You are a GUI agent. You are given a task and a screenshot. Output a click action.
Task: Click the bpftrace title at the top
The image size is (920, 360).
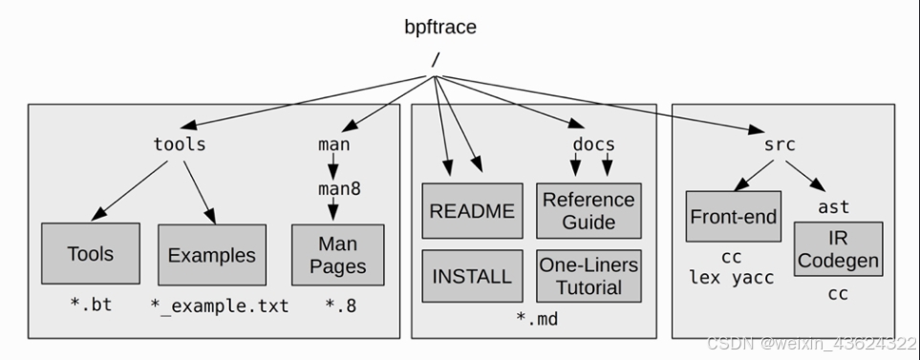pos(439,27)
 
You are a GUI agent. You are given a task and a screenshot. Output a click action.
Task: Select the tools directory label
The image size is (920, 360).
pos(180,145)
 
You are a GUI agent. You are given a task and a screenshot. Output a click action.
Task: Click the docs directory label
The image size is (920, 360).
pos(593,145)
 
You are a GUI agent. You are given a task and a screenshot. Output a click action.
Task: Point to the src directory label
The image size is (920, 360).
pos(780,145)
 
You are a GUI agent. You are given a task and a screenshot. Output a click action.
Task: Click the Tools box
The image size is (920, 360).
pos(91,254)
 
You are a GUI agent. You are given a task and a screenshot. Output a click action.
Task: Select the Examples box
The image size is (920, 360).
pos(211,255)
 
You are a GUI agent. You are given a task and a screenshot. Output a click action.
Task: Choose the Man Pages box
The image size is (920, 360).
pos(337,255)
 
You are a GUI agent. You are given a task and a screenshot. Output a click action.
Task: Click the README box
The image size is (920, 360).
pos(473,211)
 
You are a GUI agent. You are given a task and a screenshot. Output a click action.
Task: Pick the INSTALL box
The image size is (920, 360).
pos(473,276)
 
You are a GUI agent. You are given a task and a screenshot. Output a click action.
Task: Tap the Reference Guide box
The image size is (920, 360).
pos(588,211)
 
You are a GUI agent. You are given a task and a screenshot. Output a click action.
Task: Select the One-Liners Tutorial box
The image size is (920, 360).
pos(588,276)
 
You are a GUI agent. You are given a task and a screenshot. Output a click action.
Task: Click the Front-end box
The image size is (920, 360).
pos(733,216)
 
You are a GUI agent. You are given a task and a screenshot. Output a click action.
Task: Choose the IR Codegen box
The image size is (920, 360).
pos(837,249)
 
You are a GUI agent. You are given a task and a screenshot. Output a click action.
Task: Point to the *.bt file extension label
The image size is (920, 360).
pos(90,307)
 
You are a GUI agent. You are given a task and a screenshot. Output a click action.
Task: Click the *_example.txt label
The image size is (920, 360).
pos(219,307)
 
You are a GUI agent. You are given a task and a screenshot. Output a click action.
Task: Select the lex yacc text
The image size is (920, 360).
pos(733,278)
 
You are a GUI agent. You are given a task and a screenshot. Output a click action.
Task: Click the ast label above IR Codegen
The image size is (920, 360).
pos(834,206)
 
